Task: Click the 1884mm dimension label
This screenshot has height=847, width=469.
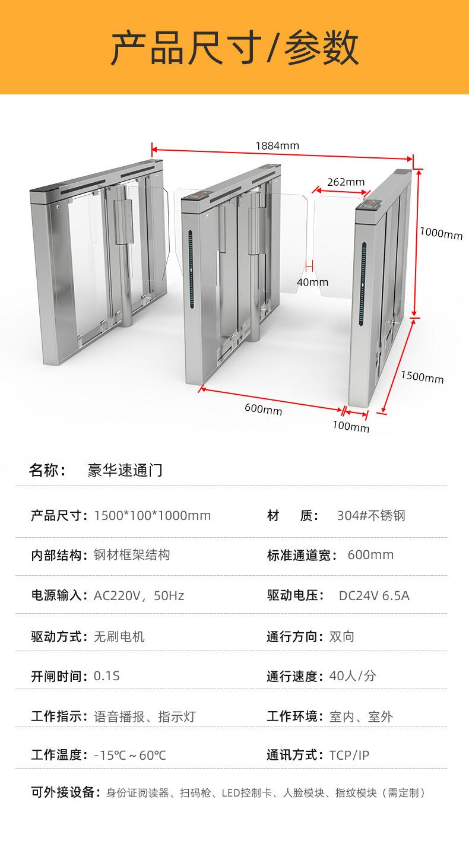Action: [x=277, y=145]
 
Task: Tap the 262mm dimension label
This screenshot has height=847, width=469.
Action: [x=346, y=182]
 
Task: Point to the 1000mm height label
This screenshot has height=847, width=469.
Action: [x=441, y=234]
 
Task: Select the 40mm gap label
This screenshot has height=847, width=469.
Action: [x=312, y=282]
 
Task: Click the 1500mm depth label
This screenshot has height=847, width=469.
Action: [x=422, y=377]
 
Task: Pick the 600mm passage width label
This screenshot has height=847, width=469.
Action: [x=263, y=409]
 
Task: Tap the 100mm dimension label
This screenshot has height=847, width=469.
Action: [x=350, y=427]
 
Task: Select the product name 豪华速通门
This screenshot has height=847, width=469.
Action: [x=125, y=471]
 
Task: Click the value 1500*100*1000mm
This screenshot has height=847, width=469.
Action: [x=152, y=515]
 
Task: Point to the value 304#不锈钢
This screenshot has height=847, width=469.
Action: [x=371, y=515]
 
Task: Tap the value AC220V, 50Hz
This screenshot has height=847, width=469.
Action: [x=138, y=595]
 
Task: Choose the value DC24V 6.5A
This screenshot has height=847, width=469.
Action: [x=374, y=595]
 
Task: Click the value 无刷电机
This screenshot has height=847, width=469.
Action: [x=119, y=637]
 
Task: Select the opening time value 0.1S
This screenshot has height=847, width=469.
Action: [x=107, y=676]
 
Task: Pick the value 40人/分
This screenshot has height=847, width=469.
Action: [x=353, y=676]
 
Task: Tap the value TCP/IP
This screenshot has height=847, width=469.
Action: [x=349, y=755]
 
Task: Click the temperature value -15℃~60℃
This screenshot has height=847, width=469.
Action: [x=130, y=755]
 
